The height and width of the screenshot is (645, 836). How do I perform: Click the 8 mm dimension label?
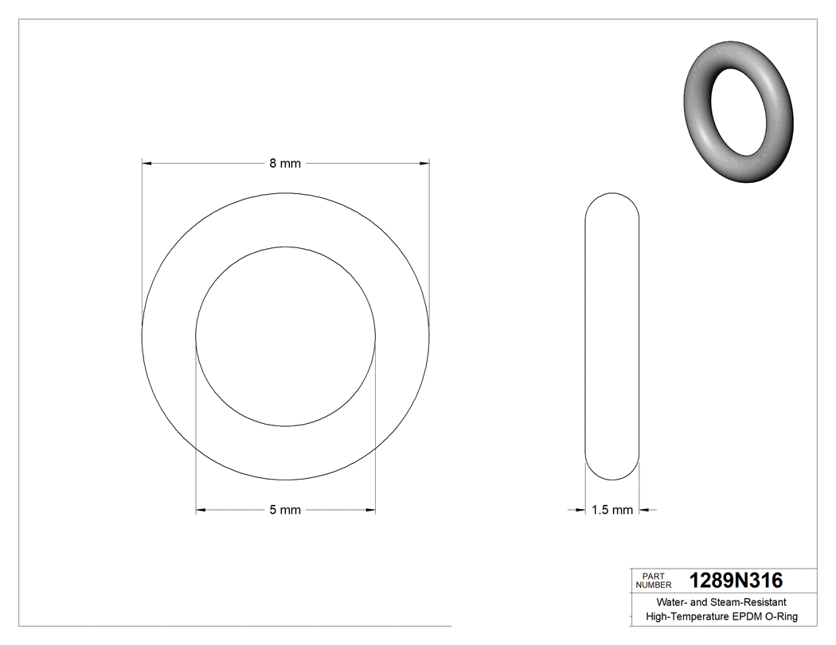coord(285,163)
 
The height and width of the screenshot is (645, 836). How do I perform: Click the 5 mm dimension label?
coord(285,510)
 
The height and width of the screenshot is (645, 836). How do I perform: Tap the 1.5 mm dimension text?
coord(612,510)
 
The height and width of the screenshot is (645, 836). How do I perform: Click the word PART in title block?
coord(652,576)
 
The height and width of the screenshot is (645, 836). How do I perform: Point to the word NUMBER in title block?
coord(654,585)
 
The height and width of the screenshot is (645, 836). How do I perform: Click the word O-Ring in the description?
coord(782,617)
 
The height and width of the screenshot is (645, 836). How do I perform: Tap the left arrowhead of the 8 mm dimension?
coord(146,163)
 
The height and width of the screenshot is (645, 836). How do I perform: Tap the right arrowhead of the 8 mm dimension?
coord(424,163)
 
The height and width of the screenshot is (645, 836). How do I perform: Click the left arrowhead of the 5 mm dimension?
coord(201,510)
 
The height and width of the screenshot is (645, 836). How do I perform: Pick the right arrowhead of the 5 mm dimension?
coord(370,510)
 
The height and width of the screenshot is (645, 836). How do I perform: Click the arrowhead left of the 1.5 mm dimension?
coord(580,510)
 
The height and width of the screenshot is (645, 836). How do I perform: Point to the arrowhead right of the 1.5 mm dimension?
coord(644,510)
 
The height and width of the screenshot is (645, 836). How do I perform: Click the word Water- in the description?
coord(670,603)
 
